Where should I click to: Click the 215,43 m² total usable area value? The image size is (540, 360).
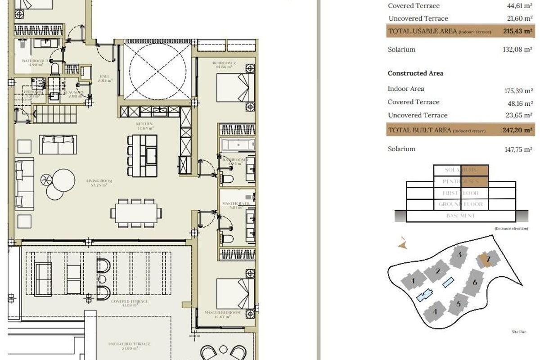coord(518,31)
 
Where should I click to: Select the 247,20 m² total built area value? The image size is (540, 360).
coord(518,130)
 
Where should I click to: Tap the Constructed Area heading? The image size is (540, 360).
coord(415,73)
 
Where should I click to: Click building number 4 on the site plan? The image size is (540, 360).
coord(435,311)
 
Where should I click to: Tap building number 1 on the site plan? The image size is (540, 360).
coord(413,282)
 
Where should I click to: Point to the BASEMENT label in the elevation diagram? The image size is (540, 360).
coord(461,216)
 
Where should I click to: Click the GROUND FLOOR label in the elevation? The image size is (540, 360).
coord(461,204)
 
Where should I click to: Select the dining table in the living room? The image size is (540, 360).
coord(137,213)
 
